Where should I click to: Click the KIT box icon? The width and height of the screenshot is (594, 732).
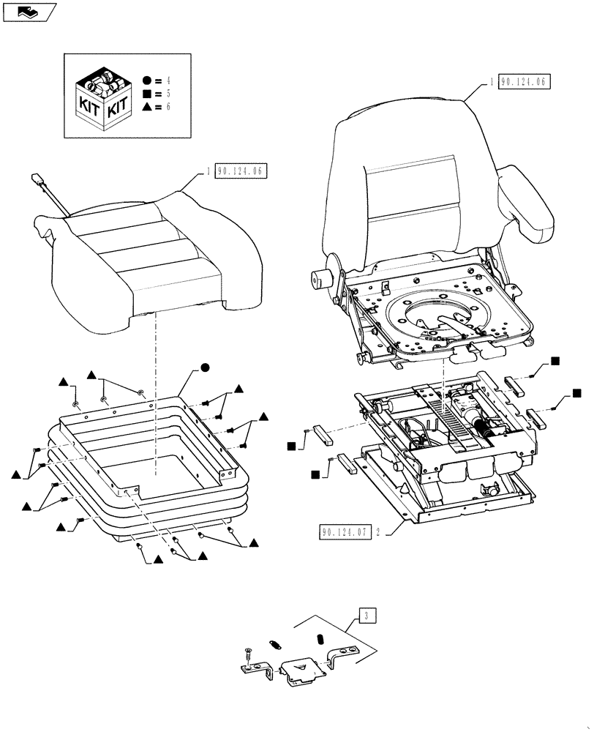pos(102,97)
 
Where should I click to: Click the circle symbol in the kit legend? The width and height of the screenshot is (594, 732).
pos(148,81)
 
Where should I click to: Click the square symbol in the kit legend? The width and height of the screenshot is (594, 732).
pos(148,94)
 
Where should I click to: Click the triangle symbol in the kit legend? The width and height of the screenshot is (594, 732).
pos(148,107)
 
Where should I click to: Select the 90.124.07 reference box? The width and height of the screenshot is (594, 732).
pos(342,532)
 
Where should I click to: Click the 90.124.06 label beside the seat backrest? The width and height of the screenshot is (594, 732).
pos(524,82)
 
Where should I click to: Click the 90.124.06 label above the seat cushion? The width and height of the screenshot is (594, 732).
pos(243,173)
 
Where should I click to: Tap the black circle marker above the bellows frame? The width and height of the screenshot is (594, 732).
pos(206,367)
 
